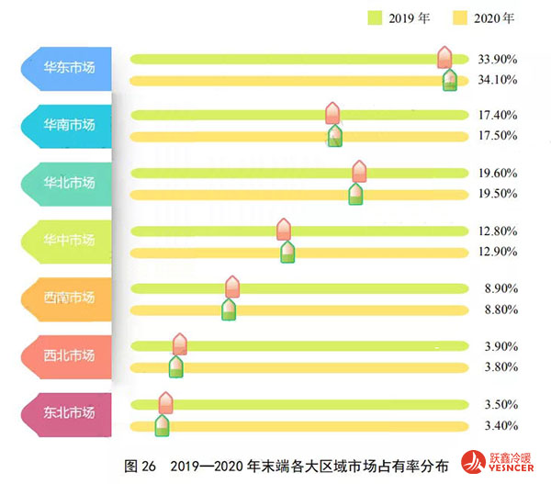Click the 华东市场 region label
coord(69,68)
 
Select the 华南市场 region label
coord(69,125)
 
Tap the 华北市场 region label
coord(69,183)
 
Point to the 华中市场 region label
coord(69,240)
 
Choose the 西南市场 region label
coord(69,298)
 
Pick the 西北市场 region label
coord(69,355)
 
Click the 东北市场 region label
coord(69,412)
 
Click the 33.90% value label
coord(498,59)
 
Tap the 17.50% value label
coord(498,137)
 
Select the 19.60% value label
coord(498,173)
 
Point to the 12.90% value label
coord(498,252)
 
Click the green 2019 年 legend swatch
coord(374,17)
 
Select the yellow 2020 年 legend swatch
coord(461,17)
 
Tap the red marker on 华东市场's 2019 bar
coord(444,57)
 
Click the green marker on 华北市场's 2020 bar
coord(355,193)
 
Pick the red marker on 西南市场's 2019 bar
coord(232,287)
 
